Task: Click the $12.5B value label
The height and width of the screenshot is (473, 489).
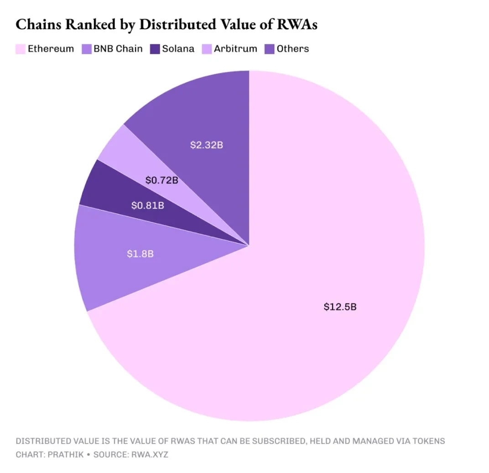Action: tap(340, 307)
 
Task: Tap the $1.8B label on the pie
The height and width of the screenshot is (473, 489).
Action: tap(140, 254)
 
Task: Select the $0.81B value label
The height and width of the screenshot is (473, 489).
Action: tap(147, 206)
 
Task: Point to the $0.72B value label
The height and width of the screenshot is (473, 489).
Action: tap(161, 180)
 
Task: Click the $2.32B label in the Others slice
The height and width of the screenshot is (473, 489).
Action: tap(206, 146)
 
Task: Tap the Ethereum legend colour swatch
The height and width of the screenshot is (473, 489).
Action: tap(21, 49)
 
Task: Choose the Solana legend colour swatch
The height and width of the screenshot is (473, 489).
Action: tap(155, 49)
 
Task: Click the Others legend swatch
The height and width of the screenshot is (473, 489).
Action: tap(269, 49)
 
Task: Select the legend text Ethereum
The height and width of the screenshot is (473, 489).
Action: tap(51, 49)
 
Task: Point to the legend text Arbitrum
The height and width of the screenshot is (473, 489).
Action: tap(235, 49)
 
